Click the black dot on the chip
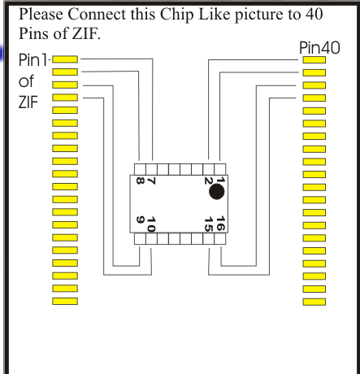pyautogui.click(x=217, y=192)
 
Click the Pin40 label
pyautogui.click(x=319, y=48)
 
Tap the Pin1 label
pyautogui.click(x=33, y=60)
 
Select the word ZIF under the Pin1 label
pyautogui.click(x=28, y=102)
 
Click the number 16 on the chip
pyautogui.click(x=221, y=223)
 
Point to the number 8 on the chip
pyautogui.click(x=140, y=180)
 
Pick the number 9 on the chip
pyautogui.click(x=140, y=220)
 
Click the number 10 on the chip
pyautogui.click(x=151, y=224)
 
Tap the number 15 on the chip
pyautogui.click(x=208, y=224)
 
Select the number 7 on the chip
pyautogui.click(x=151, y=180)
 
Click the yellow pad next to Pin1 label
pyautogui.click(x=65, y=59)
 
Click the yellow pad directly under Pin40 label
pyautogui.click(x=314, y=59)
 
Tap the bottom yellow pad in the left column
pyautogui.click(x=65, y=301)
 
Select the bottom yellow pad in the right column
pyautogui.click(x=314, y=302)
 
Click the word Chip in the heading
pyautogui.click(x=177, y=15)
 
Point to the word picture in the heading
pyautogui.click(x=259, y=15)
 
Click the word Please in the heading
pyautogui.click(x=41, y=14)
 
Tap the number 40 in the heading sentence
pyautogui.click(x=314, y=14)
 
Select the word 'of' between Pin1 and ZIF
pyautogui.click(x=26, y=81)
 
